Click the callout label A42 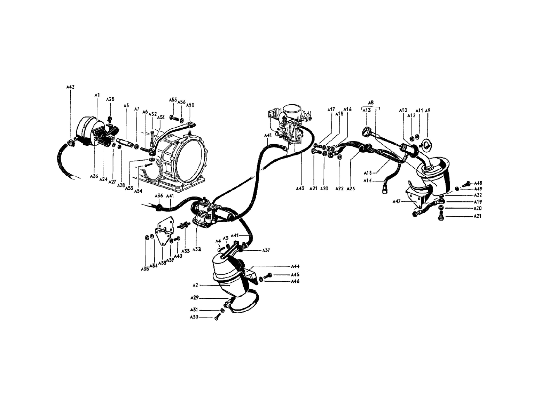click(x=70, y=87)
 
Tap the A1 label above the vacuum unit click(x=97, y=95)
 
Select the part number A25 click(x=110, y=99)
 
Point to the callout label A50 click(x=190, y=105)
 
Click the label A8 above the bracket click(x=370, y=103)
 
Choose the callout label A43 click(x=300, y=188)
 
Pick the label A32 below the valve click(x=197, y=249)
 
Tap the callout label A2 click(x=195, y=285)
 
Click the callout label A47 click(x=397, y=201)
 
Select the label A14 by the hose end click(x=368, y=180)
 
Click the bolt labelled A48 click(x=466, y=184)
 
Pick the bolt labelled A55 click(x=174, y=118)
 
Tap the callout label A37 click(x=266, y=250)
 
